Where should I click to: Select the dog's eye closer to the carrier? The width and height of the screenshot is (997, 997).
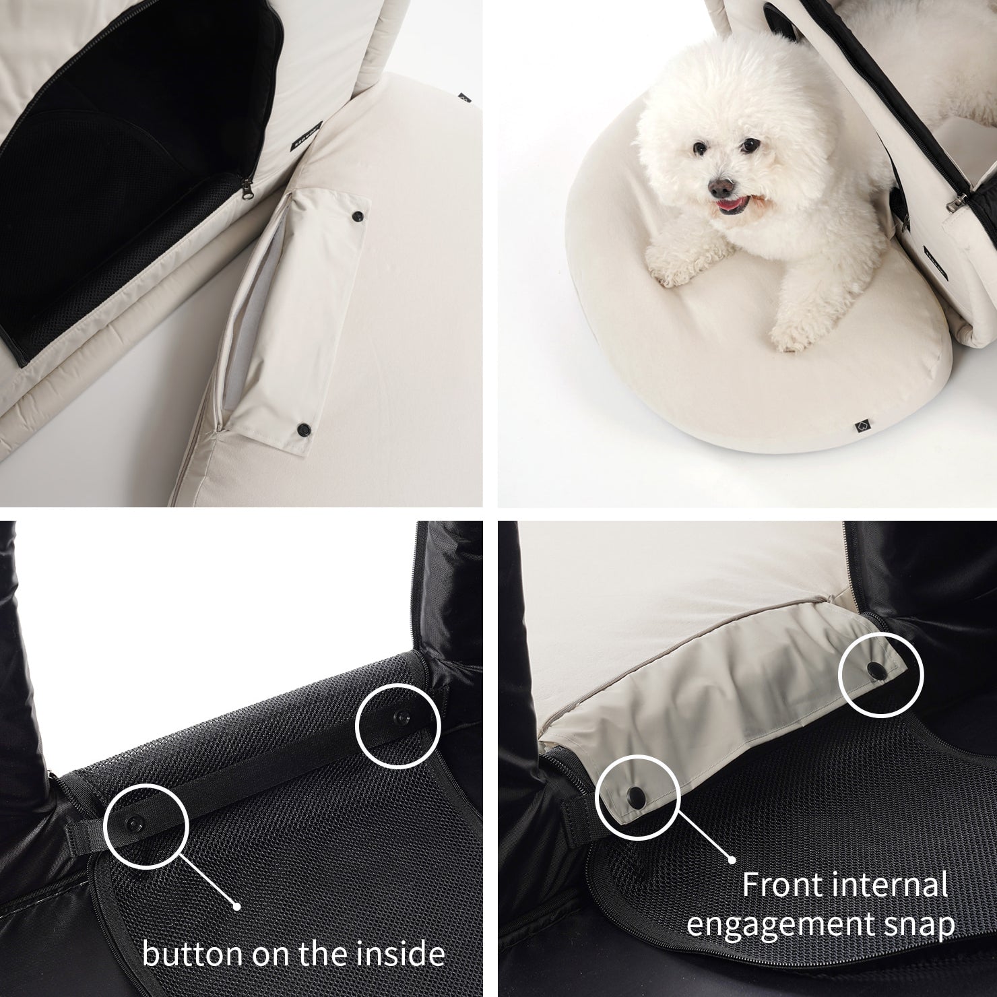[746, 146]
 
